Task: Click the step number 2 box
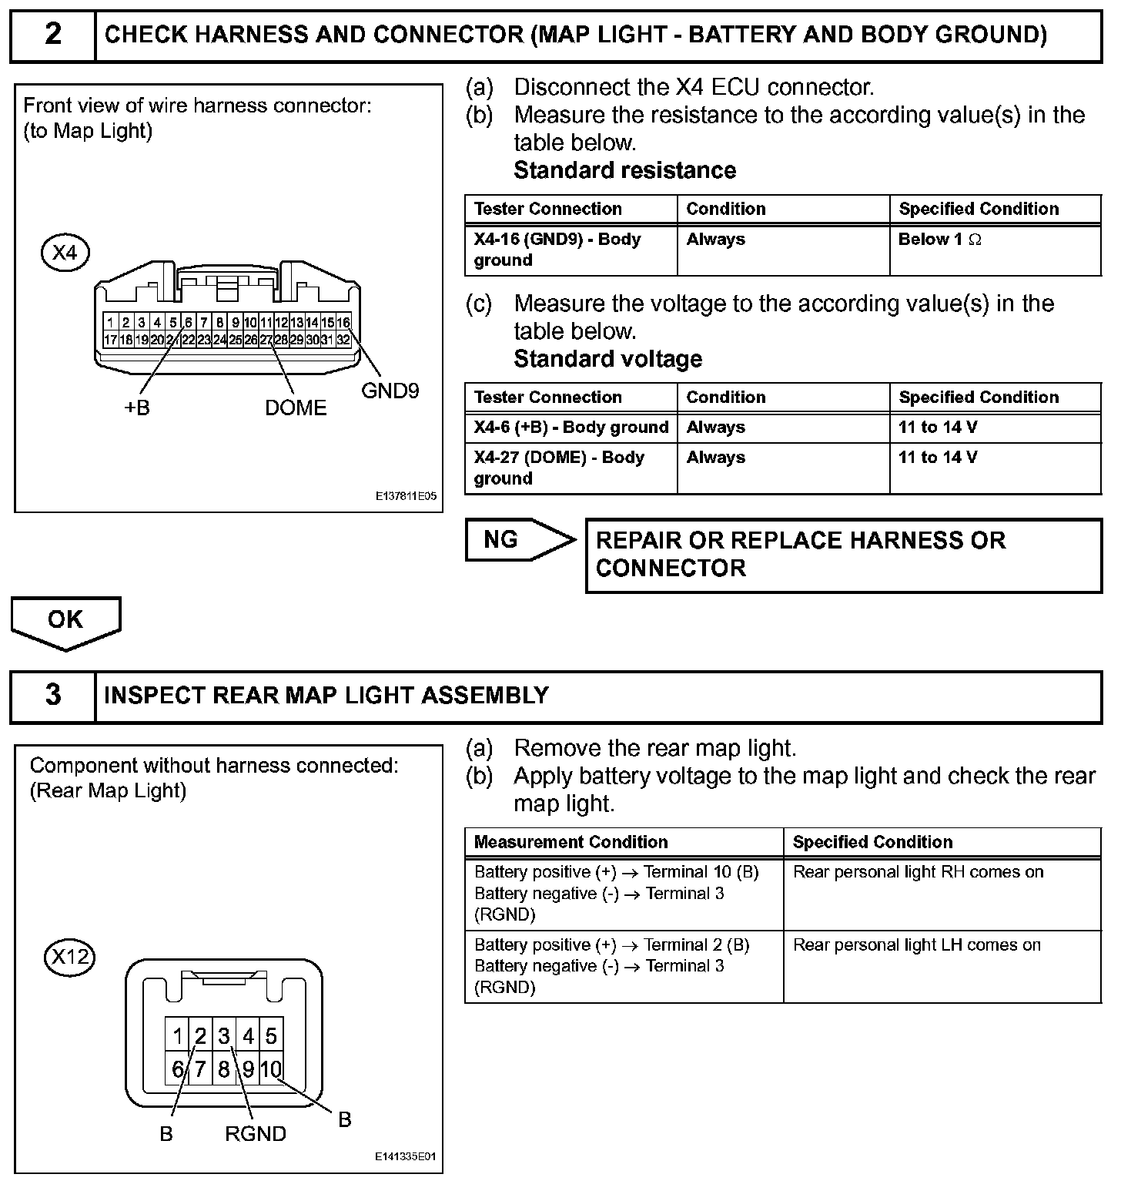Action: (x=52, y=35)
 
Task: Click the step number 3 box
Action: (x=52, y=696)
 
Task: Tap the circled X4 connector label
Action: (x=65, y=252)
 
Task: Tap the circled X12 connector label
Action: (x=69, y=958)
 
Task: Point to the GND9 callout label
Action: (x=390, y=391)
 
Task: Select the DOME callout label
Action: (x=296, y=408)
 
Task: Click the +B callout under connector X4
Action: (x=137, y=408)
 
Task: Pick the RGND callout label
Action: (x=256, y=1134)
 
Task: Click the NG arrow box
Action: (x=516, y=540)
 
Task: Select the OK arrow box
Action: (x=65, y=620)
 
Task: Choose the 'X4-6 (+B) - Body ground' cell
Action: (x=571, y=428)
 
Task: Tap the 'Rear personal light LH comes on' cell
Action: (x=942, y=966)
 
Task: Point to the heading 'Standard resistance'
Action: (x=624, y=170)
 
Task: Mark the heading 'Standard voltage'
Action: (x=607, y=359)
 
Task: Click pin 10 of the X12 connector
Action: (x=271, y=1069)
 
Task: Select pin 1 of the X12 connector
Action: (x=178, y=1036)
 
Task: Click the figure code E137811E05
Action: (x=406, y=497)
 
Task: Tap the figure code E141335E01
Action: (x=406, y=1157)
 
